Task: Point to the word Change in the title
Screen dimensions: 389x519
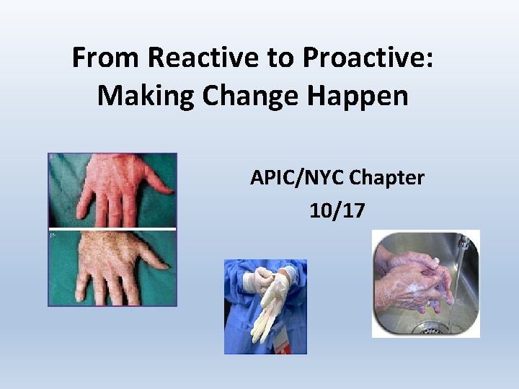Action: pos(238,95)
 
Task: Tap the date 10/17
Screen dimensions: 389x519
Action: pos(337,210)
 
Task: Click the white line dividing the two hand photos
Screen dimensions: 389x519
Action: pos(112,229)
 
